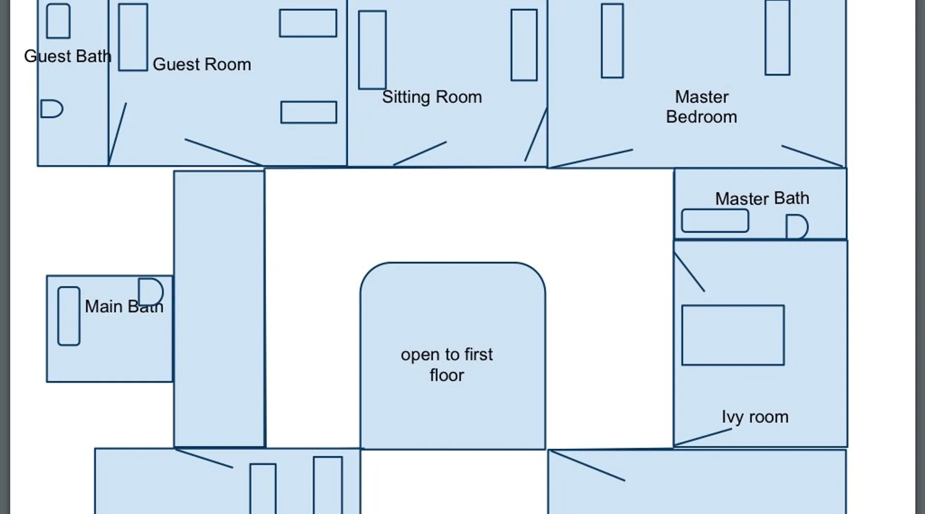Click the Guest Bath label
68,56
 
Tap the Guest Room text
202,64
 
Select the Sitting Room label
432,97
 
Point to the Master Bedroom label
701,107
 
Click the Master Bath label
762,198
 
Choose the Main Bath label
124,306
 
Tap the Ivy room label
755,417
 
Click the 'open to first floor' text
447,365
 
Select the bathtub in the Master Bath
715,221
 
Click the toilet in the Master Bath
797,227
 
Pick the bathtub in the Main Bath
69,316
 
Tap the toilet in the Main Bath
151,292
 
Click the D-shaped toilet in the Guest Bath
51,109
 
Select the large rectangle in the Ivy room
733,335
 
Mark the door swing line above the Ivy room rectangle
689,272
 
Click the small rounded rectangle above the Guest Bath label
59,21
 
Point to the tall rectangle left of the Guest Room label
133,37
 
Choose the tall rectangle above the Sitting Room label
373,50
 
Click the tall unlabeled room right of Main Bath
219,309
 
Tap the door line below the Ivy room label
702,437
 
